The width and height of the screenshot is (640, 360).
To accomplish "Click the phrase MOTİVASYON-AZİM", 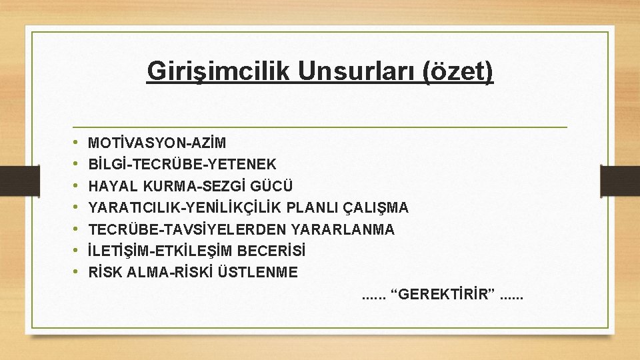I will [x=157, y=143].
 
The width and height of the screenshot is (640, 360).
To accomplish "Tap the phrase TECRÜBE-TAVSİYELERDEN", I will [x=188, y=229].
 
